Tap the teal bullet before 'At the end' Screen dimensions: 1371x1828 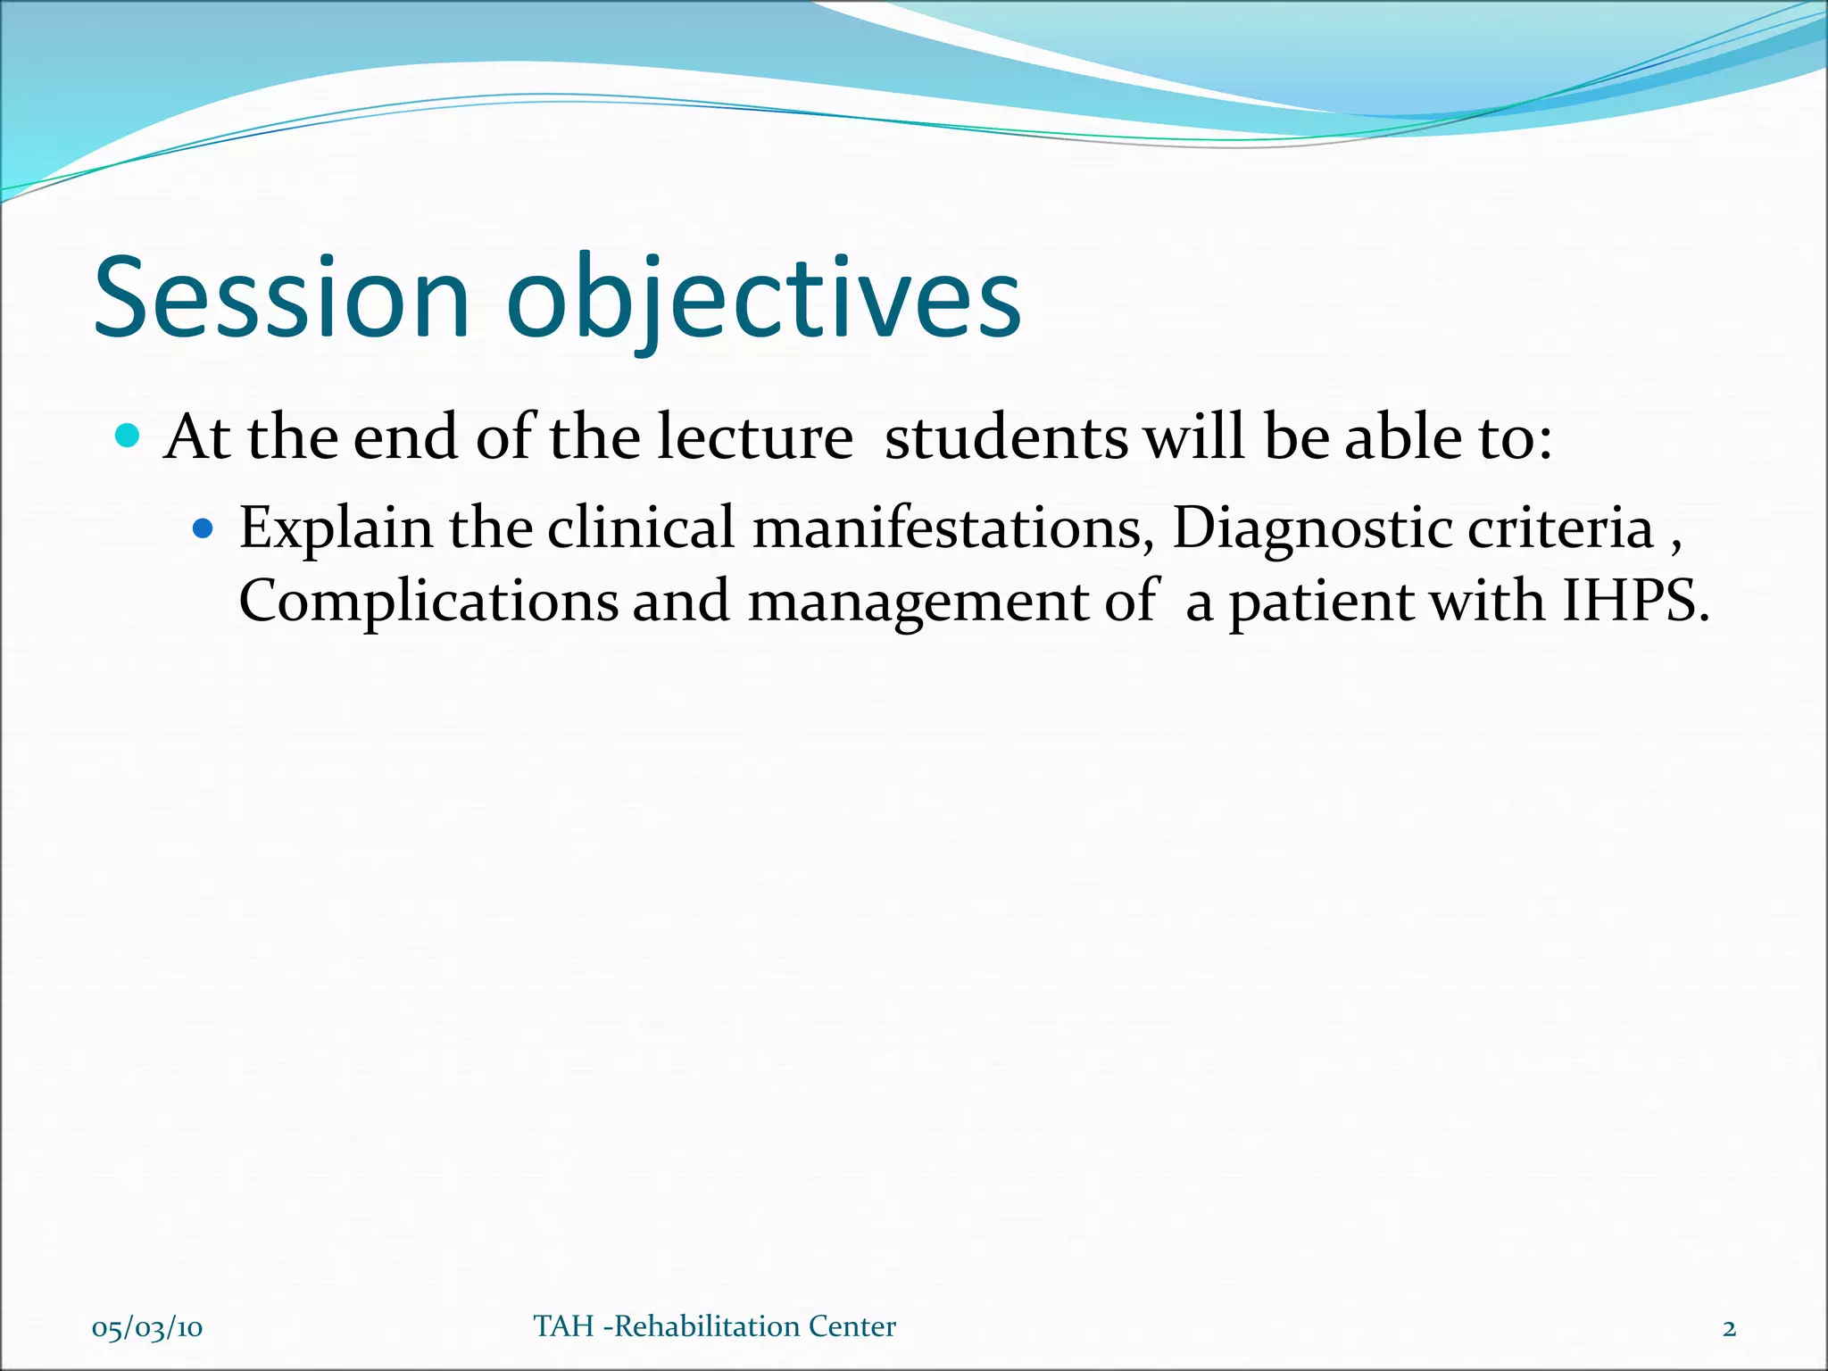[129, 436]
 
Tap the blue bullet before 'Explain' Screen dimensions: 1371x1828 [204, 528]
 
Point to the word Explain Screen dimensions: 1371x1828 [336, 528]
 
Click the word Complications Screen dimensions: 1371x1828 [428, 602]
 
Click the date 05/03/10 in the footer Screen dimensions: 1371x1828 [147, 1328]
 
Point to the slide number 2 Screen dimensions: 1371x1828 [1729, 1328]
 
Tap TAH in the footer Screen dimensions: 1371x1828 [563, 1326]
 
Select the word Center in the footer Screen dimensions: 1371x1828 [852, 1326]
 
